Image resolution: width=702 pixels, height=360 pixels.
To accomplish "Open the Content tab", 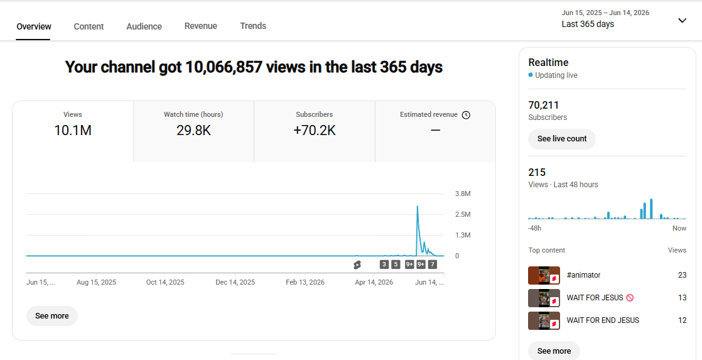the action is click(x=89, y=26).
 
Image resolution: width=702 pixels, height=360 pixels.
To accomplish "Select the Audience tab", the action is click(x=144, y=26).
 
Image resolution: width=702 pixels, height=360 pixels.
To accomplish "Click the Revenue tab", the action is click(x=200, y=26).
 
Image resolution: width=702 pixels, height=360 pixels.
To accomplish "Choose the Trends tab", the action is click(x=253, y=26).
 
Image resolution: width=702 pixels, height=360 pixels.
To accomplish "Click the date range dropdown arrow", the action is click(x=682, y=21).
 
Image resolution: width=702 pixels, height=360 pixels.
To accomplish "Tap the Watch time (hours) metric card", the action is click(x=193, y=132).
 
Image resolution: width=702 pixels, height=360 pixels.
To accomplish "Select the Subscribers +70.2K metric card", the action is click(x=315, y=132).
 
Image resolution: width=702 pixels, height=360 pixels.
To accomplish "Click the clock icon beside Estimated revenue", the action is click(x=466, y=115).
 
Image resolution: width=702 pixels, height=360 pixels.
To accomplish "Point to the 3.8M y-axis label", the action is click(x=463, y=194).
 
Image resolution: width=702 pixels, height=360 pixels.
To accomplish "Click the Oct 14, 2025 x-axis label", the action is click(x=165, y=283).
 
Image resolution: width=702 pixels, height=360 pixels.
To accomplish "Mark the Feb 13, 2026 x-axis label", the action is click(x=305, y=283).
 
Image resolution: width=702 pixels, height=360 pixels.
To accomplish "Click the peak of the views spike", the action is click(x=418, y=206).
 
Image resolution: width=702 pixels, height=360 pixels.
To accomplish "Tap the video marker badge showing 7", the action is click(x=432, y=265).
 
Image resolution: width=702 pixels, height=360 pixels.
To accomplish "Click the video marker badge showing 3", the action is click(x=384, y=265).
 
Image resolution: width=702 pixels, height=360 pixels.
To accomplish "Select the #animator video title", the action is click(x=583, y=275).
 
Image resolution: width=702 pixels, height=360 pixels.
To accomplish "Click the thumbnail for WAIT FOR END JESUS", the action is click(x=544, y=320).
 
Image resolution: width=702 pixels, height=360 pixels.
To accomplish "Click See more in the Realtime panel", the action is click(x=554, y=351).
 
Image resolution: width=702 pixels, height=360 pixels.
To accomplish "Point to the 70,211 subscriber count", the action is click(x=544, y=105).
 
